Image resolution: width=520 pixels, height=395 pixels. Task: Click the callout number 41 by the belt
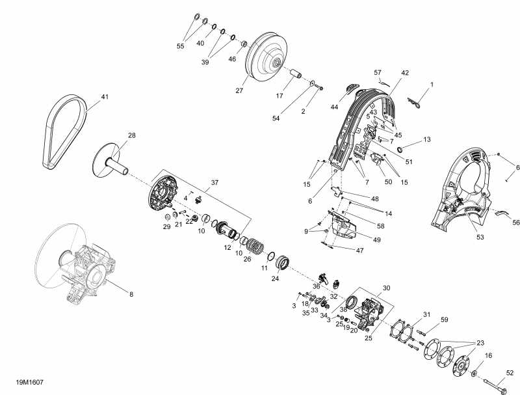point(105,98)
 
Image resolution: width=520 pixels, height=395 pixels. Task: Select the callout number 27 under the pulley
point(239,90)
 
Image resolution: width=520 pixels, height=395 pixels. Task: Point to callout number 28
point(131,135)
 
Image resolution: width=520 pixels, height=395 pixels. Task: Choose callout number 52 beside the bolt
point(510,373)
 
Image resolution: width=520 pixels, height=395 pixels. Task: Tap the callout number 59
point(445,320)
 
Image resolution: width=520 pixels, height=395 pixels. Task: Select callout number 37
point(214,182)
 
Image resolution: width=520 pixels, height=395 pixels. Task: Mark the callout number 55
point(181,46)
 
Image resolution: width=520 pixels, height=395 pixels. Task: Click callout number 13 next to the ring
point(427,140)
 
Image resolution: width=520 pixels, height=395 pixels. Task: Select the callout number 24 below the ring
point(275,278)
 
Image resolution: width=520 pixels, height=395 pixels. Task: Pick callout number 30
point(386,288)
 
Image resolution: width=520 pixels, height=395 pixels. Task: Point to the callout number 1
point(432,85)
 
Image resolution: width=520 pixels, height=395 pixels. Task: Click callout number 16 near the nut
point(489,356)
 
